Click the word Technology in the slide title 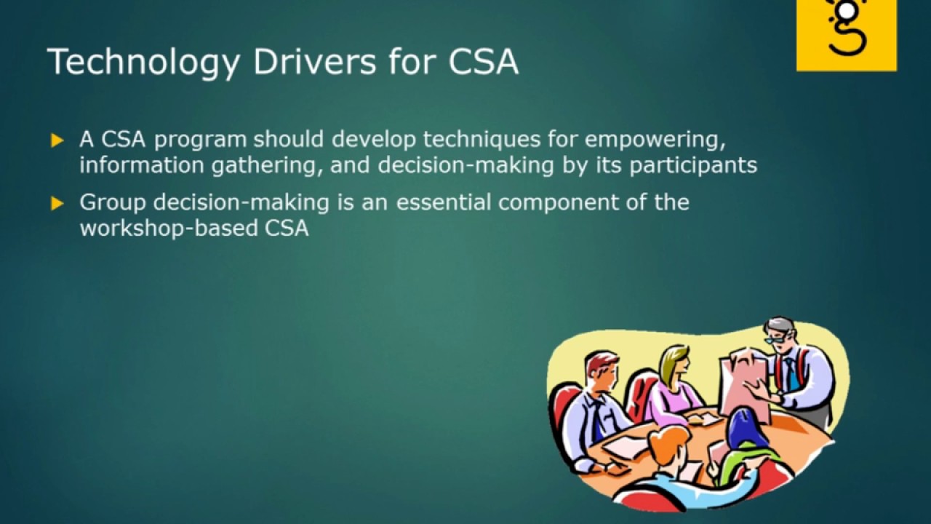pos(143,62)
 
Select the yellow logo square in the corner pos(846,35)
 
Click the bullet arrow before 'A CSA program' pos(57,140)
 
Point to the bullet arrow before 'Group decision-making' pos(57,203)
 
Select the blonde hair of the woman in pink pos(674,360)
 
